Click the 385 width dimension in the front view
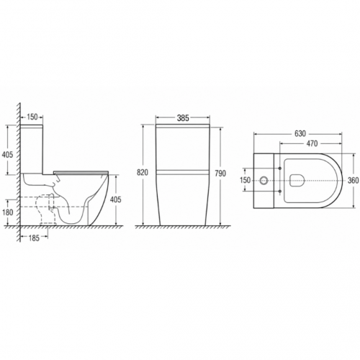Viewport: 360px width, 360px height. [x=183, y=118]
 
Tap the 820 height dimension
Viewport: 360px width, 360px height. [x=143, y=172]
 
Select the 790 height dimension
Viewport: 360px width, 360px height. [x=220, y=173]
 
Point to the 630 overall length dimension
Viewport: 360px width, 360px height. [x=300, y=133]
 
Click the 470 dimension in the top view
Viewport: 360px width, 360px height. [x=312, y=143]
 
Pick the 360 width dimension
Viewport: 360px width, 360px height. [x=354, y=180]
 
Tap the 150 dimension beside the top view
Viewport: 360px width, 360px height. [x=245, y=180]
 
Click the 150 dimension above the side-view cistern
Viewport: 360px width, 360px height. [x=32, y=117]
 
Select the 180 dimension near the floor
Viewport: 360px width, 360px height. [x=8, y=212]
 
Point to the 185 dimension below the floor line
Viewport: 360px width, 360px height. [x=34, y=238]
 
